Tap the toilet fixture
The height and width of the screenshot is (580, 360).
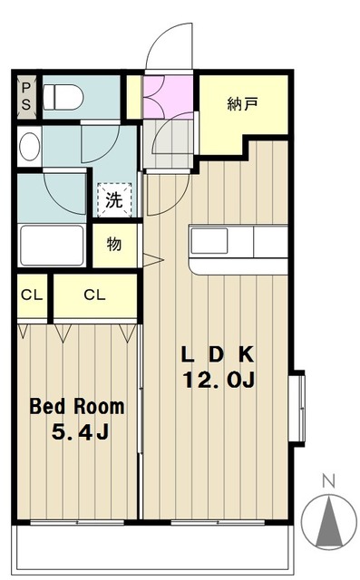63,95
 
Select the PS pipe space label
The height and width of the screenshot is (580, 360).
26,95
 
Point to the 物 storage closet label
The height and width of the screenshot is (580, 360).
114,244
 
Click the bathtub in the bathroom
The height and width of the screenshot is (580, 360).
54,245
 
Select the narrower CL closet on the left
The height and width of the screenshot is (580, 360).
31,295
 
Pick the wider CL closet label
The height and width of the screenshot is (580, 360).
93,295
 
